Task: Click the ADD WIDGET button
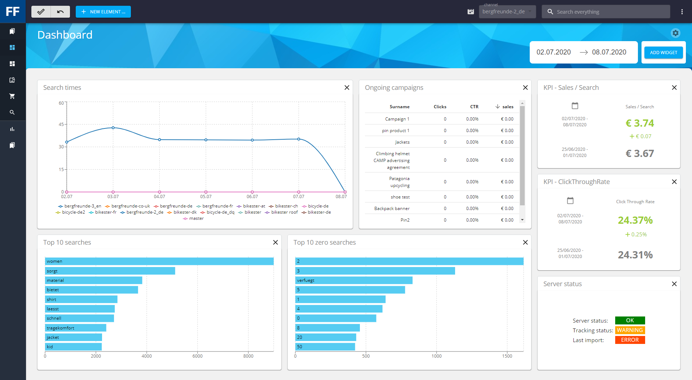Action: pyautogui.click(x=663, y=52)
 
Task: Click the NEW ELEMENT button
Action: pyautogui.click(x=103, y=12)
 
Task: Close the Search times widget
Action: pyautogui.click(x=347, y=87)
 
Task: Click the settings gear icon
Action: pyautogui.click(x=675, y=33)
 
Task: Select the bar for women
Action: pyautogui.click(x=159, y=261)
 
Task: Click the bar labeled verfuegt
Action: pyautogui.click(x=353, y=280)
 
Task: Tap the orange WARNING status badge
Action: pyautogui.click(x=630, y=330)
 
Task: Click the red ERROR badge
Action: pyautogui.click(x=630, y=340)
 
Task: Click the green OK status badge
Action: pyautogui.click(x=630, y=320)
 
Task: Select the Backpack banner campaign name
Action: pyautogui.click(x=392, y=209)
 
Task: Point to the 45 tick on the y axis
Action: pyautogui.click(x=61, y=124)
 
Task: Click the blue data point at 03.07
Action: pyautogui.click(x=113, y=128)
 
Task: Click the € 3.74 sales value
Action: pyautogui.click(x=639, y=123)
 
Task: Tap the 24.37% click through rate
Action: pyautogui.click(x=635, y=220)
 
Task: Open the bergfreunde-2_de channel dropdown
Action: pyautogui.click(x=507, y=12)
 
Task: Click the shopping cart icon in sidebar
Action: pyautogui.click(x=12, y=96)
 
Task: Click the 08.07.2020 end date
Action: pyautogui.click(x=609, y=52)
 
